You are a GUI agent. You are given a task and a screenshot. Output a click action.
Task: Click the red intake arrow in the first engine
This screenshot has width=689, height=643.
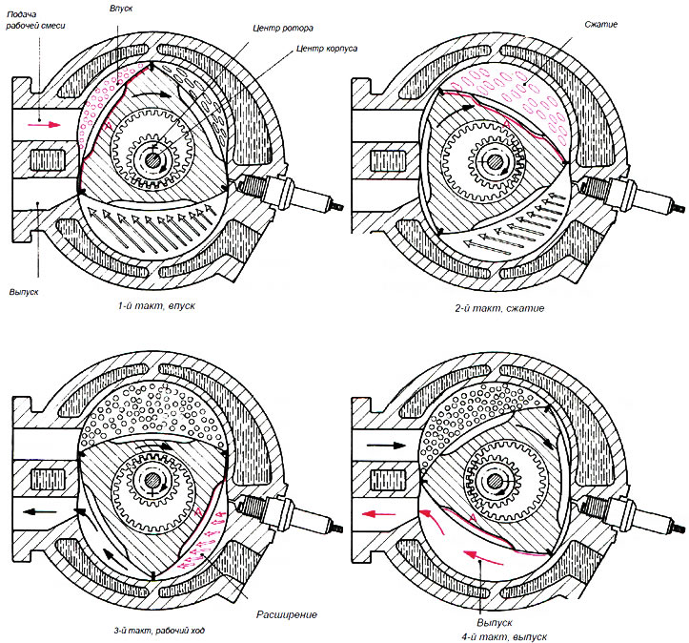coord(43,123)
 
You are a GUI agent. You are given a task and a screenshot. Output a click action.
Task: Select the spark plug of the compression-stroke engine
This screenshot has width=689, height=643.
coord(642,194)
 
